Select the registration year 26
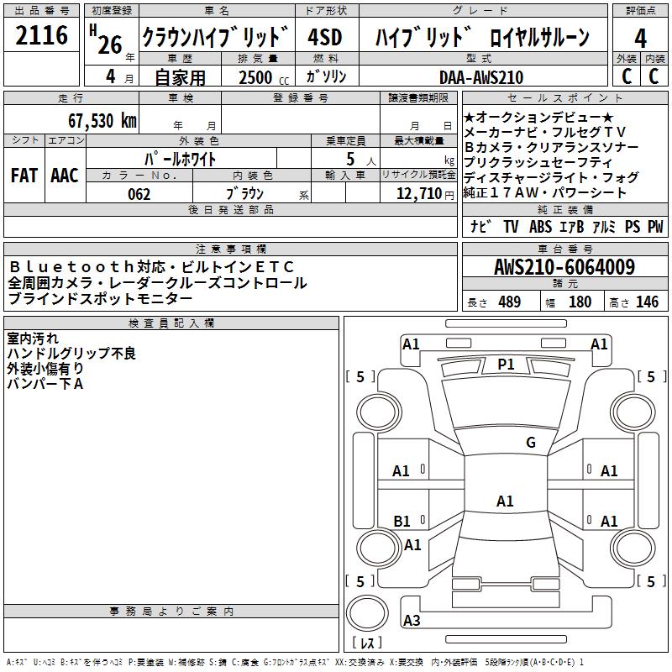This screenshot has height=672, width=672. (110, 43)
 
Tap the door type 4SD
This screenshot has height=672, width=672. (325, 38)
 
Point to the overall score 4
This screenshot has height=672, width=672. (641, 38)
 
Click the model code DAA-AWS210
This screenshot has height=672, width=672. (481, 77)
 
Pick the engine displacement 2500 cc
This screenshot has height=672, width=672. (255, 77)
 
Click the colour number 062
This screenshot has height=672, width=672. (139, 194)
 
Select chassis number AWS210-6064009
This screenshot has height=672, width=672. (564, 268)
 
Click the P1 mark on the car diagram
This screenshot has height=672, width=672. (506, 364)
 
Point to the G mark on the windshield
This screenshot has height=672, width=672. (530, 442)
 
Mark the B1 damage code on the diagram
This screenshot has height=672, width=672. (402, 522)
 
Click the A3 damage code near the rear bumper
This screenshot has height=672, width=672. (412, 621)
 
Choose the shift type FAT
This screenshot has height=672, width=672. (24, 176)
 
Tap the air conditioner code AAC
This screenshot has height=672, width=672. (65, 176)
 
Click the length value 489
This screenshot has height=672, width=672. (509, 302)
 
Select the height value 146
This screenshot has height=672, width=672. (647, 302)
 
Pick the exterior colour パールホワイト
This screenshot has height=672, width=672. (181, 158)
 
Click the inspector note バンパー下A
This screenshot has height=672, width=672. (45, 384)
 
